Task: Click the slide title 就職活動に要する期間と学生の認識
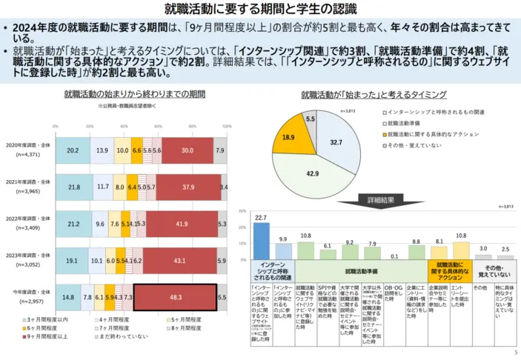260,10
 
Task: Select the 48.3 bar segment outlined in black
175,296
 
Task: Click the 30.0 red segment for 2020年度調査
186,150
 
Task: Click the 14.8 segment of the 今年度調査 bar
68,296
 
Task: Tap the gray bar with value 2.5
504,256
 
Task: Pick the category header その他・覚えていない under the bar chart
493,270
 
